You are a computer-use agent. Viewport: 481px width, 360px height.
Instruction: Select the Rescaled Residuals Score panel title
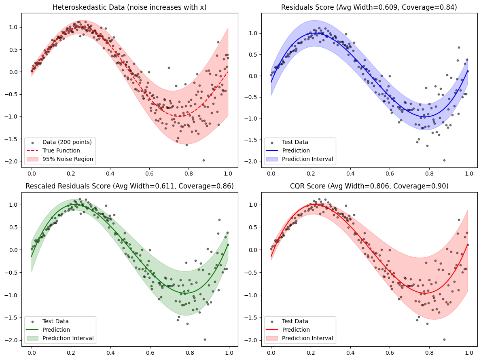129,186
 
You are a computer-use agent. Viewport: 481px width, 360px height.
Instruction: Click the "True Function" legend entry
61,150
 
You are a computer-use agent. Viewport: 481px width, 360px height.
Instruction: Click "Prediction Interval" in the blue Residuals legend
307,159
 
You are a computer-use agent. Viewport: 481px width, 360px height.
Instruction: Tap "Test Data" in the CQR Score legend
295,321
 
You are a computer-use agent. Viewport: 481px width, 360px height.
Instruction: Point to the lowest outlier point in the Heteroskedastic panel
203,160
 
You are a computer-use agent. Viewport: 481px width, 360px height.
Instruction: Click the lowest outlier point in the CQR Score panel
444,339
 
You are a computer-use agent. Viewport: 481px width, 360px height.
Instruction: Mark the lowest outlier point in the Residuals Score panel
444,160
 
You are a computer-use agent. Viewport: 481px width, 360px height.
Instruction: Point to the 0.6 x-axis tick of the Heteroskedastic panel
149,172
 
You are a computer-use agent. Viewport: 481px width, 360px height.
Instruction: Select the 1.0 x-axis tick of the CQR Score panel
468,351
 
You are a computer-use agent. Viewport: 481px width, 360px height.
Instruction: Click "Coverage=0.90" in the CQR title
425,186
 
